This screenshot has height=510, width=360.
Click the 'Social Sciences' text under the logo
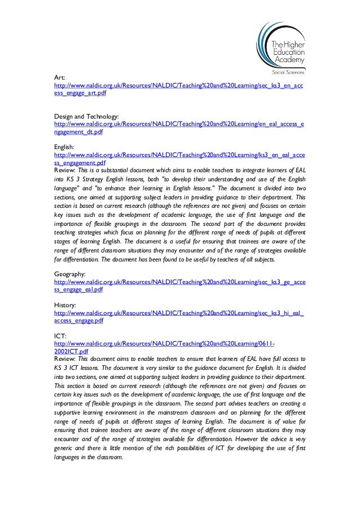coord(287,72)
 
